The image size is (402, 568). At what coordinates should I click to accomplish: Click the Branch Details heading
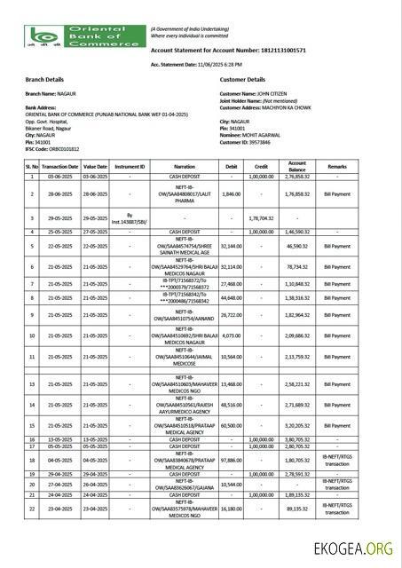coord(46,79)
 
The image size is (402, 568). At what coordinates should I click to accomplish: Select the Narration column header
coord(185,166)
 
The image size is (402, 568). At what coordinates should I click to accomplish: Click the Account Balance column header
coord(297,166)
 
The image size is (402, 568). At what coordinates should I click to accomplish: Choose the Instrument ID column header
coord(130,166)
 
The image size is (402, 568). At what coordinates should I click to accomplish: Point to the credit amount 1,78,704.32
coord(264,217)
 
